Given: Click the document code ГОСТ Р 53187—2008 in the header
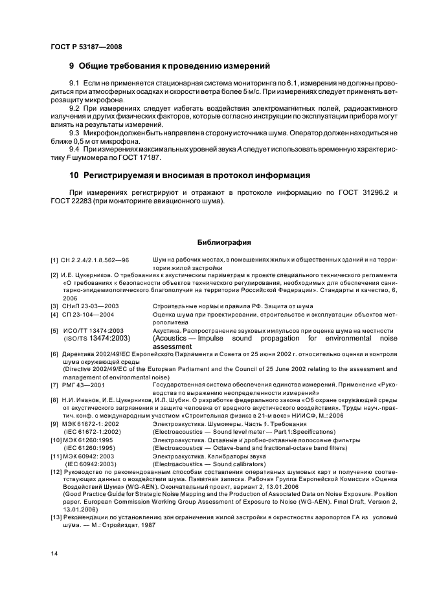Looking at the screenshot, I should (x=85, y=47).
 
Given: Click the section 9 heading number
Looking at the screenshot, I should (x=73, y=66).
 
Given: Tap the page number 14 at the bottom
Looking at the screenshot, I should (x=53, y=552).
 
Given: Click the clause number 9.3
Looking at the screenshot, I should (x=75, y=133).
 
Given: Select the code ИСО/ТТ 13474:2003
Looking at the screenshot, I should (x=93, y=330).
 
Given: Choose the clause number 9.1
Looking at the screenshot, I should (x=75, y=84).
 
